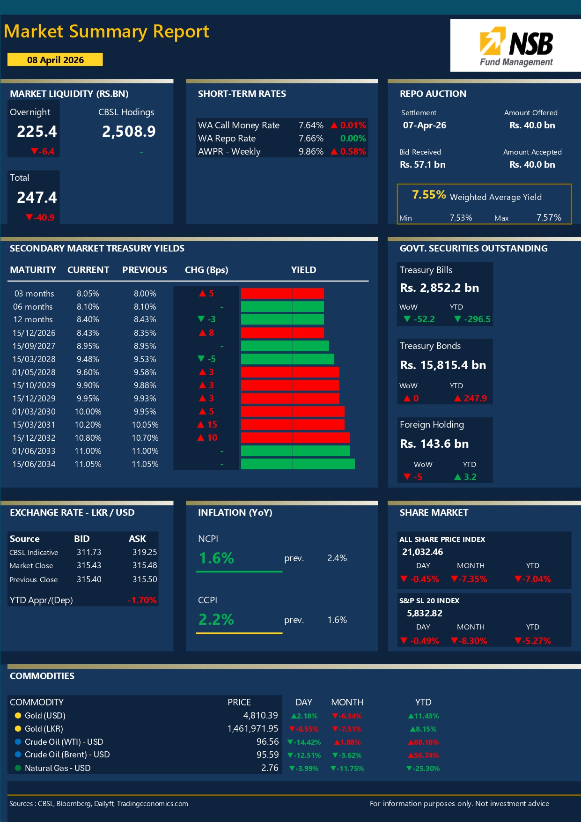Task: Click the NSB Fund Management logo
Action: click(515, 46)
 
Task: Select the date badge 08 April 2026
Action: click(55, 60)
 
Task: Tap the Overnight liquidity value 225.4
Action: click(37, 132)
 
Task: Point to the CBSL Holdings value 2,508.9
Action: click(129, 132)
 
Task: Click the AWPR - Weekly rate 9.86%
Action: click(311, 151)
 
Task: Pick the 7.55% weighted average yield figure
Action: click(429, 195)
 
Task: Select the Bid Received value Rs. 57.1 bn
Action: click(422, 164)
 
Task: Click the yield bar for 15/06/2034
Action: click(298, 464)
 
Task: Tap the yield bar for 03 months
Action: click(282, 293)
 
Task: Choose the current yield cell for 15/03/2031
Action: click(88, 425)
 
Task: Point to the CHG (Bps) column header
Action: click(206, 270)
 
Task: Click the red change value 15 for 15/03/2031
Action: click(212, 424)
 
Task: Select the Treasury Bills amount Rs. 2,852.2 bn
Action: click(439, 288)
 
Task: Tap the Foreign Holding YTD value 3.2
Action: click(470, 477)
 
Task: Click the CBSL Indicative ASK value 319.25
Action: click(145, 552)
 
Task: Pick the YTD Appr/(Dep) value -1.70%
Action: click(142, 600)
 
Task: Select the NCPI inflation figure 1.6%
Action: click(216, 558)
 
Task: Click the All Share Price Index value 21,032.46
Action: click(422, 552)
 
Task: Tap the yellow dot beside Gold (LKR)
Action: click(18, 728)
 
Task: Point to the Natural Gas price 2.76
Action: click(270, 768)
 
